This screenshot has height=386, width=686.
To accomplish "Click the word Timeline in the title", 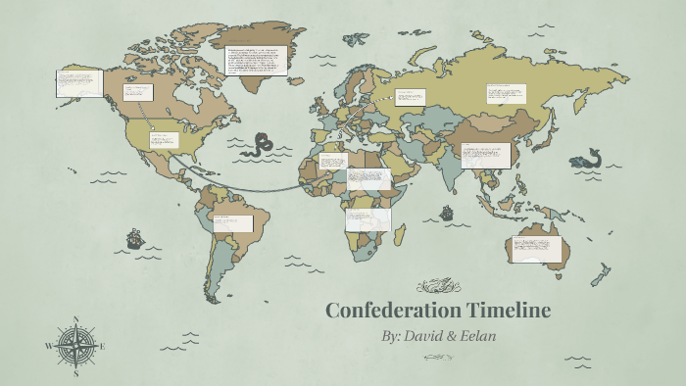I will (x=505, y=311).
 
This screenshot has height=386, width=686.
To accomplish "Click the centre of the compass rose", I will (x=75, y=346).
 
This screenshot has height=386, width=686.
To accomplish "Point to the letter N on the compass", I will (x=75, y=319).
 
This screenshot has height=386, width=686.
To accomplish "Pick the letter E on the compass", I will (x=102, y=346).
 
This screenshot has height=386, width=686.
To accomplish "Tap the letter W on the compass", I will (x=48, y=346).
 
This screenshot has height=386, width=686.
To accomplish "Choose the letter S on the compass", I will (x=75, y=373).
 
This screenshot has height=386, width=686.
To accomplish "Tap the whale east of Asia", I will (x=590, y=159).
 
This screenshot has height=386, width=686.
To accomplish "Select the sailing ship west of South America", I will (x=134, y=238).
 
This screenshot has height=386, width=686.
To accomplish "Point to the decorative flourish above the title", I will (x=437, y=286).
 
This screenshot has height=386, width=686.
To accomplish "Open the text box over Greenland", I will (x=256, y=61).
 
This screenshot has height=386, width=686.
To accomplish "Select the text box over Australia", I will (x=538, y=250).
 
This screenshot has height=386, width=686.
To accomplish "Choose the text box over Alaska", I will (x=79, y=81).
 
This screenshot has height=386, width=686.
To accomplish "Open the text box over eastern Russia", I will (x=506, y=94).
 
